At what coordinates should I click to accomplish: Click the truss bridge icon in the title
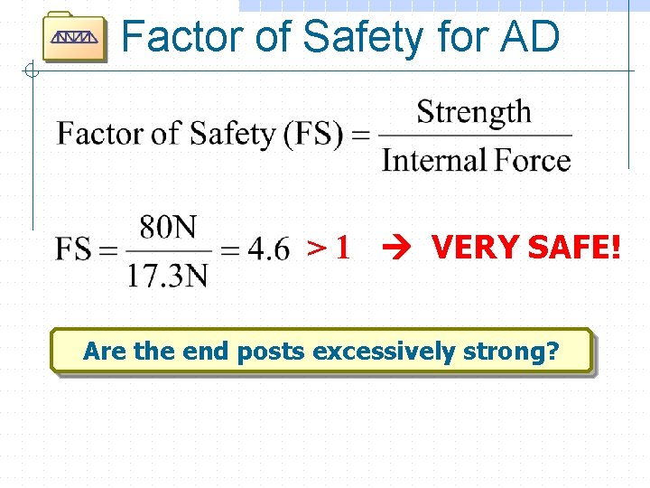74,38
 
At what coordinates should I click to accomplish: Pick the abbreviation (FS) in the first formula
312,135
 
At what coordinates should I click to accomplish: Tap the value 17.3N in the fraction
168,273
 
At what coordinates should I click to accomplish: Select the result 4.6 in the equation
268,249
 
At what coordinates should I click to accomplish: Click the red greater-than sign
317,248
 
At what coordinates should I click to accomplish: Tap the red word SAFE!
575,246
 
